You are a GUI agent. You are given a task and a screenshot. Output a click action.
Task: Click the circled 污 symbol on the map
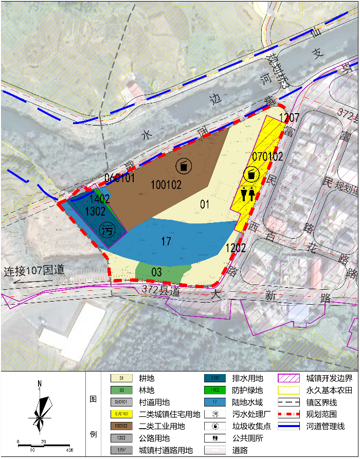pyautogui.click(x=108, y=229)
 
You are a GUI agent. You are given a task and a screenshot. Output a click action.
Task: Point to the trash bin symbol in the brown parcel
pyautogui.click(x=184, y=166)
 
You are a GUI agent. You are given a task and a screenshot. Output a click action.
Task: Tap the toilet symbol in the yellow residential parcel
pyautogui.click(x=247, y=195)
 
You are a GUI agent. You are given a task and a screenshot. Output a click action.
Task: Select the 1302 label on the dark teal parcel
pyautogui.click(x=95, y=211)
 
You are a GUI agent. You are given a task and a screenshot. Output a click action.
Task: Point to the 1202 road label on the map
pyautogui.click(x=236, y=248)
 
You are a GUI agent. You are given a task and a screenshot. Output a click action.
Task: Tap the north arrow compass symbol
pyautogui.click(x=40, y=412)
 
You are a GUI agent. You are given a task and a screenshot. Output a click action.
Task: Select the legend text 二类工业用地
pyautogui.click(x=162, y=427)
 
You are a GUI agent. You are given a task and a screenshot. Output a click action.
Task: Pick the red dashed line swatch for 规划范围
pyautogui.click(x=290, y=415)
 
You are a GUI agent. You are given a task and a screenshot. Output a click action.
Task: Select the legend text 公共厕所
pyautogui.click(x=248, y=438)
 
